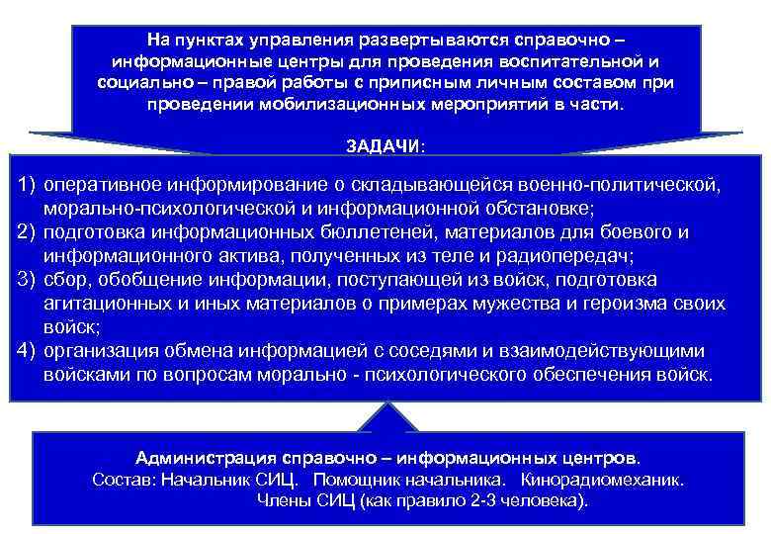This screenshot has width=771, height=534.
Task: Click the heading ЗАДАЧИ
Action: point(384,145)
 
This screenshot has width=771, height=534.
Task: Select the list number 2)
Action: point(28,232)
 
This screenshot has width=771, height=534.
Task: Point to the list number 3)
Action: point(28,280)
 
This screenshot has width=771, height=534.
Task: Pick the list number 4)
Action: point(28,351)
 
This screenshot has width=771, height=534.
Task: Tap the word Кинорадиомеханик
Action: point(613,480)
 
